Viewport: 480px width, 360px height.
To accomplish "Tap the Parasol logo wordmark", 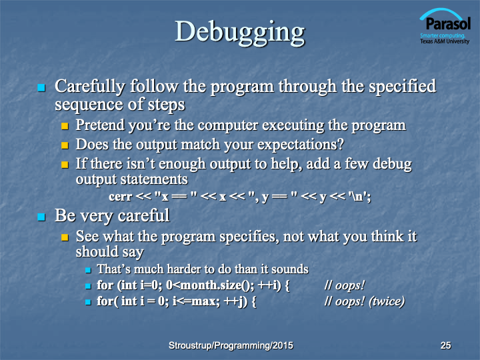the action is point(448,23).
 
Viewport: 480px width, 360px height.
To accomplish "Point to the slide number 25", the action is point(445,345).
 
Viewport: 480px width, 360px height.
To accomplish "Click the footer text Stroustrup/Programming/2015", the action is point(231,345).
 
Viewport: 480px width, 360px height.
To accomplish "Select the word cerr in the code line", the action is point(120,197).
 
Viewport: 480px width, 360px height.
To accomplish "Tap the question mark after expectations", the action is point(341,144).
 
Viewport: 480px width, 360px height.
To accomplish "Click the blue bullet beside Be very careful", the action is point(41,217).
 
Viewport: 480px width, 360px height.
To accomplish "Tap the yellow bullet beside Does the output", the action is point(65,145).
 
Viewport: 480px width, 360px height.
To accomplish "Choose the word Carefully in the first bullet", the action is point(90,86).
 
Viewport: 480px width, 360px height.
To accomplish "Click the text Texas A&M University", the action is point(445,41).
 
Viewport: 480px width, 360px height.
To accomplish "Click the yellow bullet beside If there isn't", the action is point(65,165).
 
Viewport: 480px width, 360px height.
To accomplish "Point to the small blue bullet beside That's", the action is point(88,270).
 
